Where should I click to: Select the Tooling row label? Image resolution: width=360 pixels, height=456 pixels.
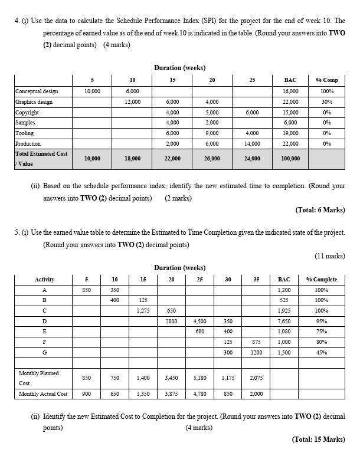25,133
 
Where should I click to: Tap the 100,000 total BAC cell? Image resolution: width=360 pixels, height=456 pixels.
290,158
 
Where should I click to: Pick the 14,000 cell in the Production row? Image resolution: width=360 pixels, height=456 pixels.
251,144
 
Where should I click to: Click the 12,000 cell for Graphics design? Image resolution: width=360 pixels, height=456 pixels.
132,102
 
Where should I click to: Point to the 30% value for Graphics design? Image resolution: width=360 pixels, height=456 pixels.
326,102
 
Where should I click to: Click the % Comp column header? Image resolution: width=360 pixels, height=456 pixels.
326,80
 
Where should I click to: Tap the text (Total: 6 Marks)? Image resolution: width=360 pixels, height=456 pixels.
319,209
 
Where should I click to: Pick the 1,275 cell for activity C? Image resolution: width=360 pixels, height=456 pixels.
142,310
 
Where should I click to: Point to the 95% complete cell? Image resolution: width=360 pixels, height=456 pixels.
322,321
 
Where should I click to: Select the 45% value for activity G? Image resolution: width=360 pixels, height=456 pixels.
322,353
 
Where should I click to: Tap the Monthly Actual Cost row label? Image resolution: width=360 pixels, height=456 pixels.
43,394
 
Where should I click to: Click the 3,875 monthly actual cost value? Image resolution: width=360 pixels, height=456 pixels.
171,394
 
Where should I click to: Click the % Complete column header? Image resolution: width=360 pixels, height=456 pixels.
322,279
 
